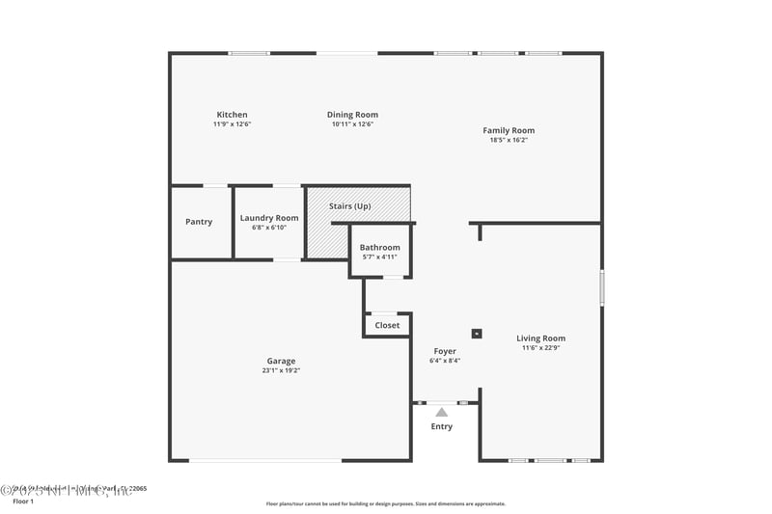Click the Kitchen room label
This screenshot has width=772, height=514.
[x=232, y=115]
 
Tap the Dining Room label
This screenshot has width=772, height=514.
[x=352, y=115]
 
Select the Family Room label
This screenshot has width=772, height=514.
[x=509, y=130]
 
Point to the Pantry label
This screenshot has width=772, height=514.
[x=199, y=222]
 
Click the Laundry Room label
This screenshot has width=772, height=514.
[x=269, y=218]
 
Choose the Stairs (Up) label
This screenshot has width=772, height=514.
[x=349, y=206]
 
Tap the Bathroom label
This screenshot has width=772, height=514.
[x=379, y=247]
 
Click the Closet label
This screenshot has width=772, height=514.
[x=387, y=325]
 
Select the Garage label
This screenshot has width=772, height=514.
[x=281, y=361]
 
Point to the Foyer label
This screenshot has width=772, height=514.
[x=445, y=351]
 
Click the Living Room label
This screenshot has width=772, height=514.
[x=540, y=338]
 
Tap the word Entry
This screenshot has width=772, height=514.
[x=441, y=426]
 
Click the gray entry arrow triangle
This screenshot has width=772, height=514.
[x=442, y=412]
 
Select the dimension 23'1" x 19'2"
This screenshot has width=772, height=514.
[x=281, y=370]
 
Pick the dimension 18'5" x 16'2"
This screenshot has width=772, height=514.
[x=509, y=140]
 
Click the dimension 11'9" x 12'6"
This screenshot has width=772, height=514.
[x=232, y=124]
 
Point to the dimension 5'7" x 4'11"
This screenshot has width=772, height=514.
[x=379, y=257]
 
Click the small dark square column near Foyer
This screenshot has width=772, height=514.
[x=477, y=334]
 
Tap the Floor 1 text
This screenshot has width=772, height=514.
[x=23, y=501]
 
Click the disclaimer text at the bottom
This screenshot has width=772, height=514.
[x=385, y=503]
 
